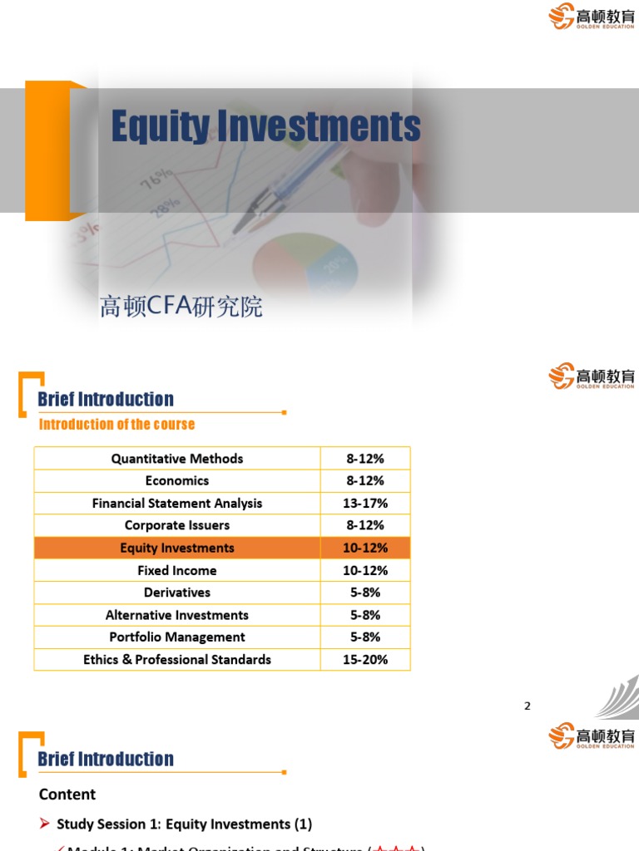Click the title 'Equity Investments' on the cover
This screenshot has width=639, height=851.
[x=266, y=127]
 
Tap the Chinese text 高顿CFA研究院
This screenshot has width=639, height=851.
[x=181, y=307]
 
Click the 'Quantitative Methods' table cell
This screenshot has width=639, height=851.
[x=177, y=459]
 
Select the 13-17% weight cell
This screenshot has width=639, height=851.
[x=365, y=503]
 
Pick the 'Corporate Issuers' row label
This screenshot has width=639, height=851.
[x=177, y=525]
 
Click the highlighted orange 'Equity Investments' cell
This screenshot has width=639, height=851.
[x=177, y=548]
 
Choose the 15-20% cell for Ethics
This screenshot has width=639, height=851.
[x=365, y=659]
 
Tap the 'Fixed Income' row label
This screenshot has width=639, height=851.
[x=177, y=570]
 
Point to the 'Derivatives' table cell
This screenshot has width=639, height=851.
[x=177, y=593]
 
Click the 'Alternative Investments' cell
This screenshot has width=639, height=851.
[x=177, y=615]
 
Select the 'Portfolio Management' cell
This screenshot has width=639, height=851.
[x=177, y=637]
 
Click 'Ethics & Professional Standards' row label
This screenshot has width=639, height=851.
[x=177, y=659]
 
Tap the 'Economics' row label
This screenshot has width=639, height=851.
[x=177, y=480]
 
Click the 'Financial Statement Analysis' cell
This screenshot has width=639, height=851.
[x=177, y=503]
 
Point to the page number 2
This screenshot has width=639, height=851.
[x=528, y=706]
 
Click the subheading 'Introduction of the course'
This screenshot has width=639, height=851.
[x=116, y=424]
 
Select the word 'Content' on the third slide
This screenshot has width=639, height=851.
[x=67, y=794]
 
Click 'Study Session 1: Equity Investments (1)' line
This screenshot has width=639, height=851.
[x=184, y=824]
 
